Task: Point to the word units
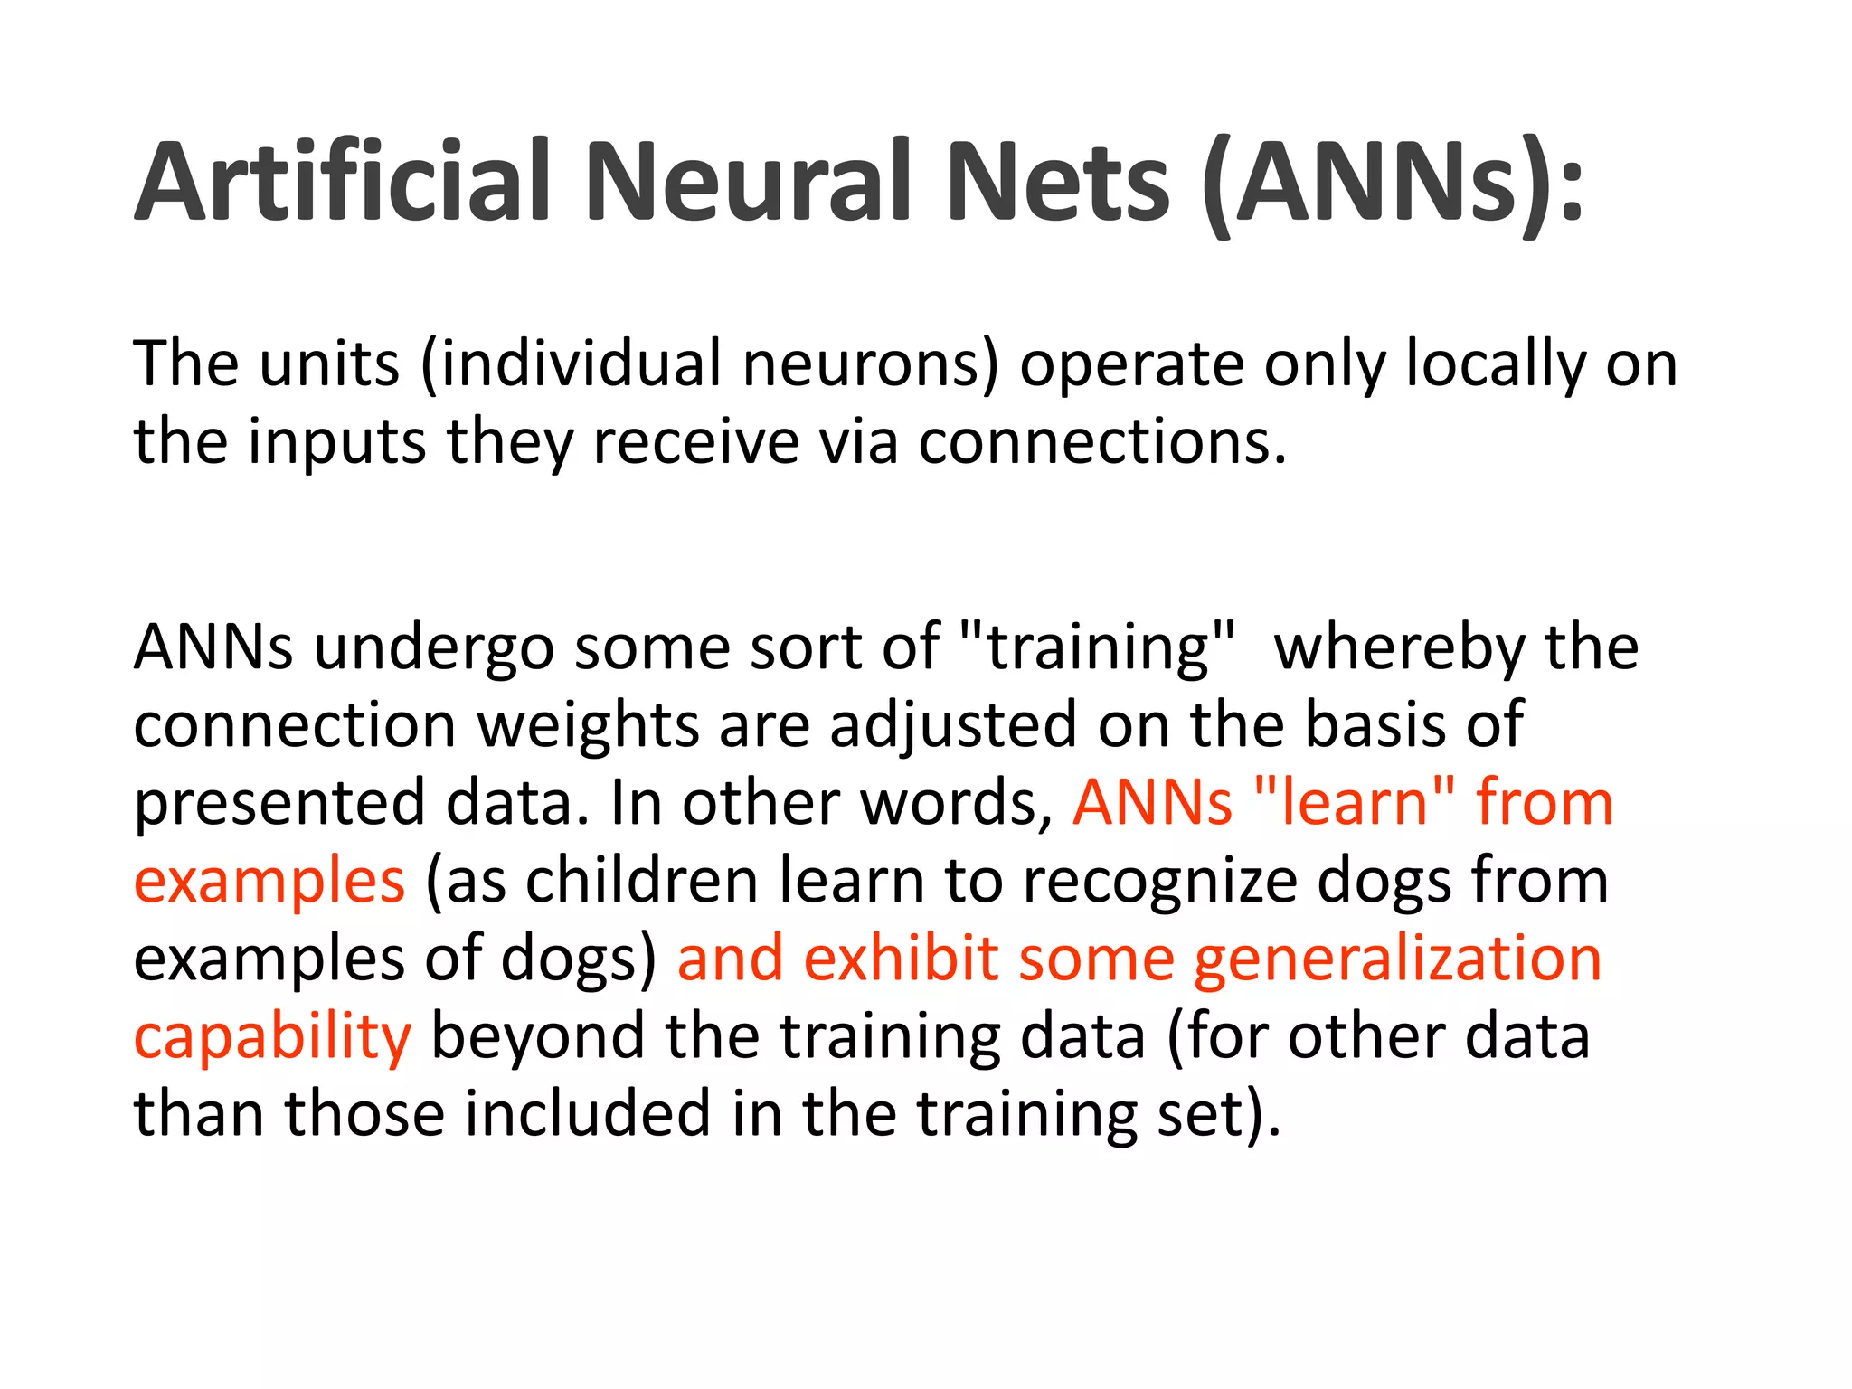coord(329,364)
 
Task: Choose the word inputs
coord(336,442)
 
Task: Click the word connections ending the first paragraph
coord(1101,442)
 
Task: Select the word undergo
coord(433,647)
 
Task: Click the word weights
coord(588,725)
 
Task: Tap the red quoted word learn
coord(1354,803)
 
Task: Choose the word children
coord(642,881)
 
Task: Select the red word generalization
coord(1397,959)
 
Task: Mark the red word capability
coord(272,1036)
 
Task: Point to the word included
coord(588,1113)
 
